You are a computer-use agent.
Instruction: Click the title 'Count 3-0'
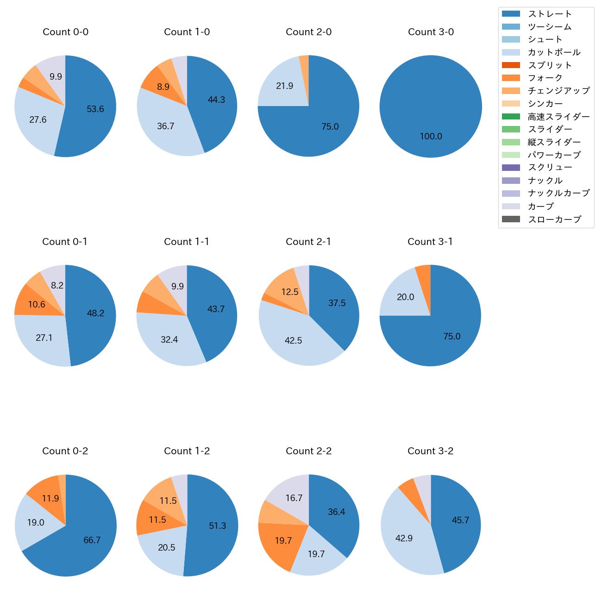tap(431, 32)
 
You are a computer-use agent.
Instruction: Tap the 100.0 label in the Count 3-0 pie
tap(431, 137)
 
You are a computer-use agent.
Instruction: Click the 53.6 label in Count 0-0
tap(95, 109)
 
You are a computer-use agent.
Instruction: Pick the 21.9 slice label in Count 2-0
tap(285, 86)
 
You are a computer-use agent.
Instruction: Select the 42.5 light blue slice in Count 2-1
tap(294, 341)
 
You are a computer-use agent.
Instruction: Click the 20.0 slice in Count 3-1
tap(406, 297)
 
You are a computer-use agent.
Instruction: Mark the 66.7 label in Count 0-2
tap(92, 540)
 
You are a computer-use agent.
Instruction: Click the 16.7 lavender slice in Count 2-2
tap(294, 498)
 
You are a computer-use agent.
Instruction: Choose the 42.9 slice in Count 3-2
tap(404, 539)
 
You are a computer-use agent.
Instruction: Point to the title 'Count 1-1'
tap(187, 242)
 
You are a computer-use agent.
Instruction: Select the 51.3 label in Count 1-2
tap(218, 526)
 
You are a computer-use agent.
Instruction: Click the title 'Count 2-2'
tap(309, 451)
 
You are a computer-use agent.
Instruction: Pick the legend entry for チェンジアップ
tap(558, 91)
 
